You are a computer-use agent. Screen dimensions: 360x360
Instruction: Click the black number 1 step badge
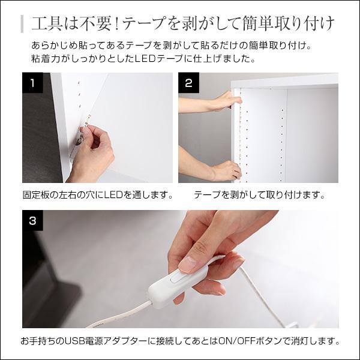(x=32, y=83)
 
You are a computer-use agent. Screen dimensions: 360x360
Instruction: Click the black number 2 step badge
(x=188, y=83)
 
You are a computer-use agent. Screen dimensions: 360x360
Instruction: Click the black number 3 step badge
(x=32, y=221)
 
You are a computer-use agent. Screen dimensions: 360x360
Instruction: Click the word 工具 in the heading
(x=44, y=24)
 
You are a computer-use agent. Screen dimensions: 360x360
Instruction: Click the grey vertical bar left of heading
(x=22, y=24)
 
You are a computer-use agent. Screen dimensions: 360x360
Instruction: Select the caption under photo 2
(x=259, y=196)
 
